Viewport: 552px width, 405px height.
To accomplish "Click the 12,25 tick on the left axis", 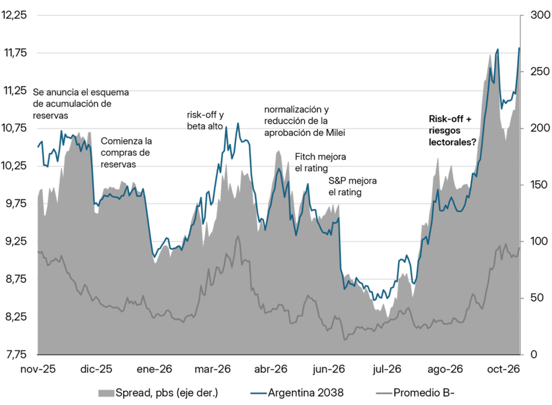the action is point(14,15).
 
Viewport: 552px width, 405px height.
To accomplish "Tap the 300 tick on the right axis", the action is point(540,15).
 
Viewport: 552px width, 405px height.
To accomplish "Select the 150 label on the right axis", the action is point(539,185).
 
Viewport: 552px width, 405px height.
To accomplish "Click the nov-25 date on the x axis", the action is point(38,369).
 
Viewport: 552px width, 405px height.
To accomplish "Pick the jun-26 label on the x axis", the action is point(328,369).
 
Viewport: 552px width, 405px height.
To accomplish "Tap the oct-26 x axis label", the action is point(503,369).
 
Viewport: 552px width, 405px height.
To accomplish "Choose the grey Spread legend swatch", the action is point(106,393).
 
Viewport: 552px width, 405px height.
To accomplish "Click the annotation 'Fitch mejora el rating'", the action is point(320,162).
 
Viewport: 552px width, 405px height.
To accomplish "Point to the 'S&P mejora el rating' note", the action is point(352,186).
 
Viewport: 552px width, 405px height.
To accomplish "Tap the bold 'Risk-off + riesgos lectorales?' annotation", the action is point(453,131).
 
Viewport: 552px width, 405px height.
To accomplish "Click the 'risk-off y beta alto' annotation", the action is point(205,120).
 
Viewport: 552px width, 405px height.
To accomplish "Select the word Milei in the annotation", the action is point(335,132).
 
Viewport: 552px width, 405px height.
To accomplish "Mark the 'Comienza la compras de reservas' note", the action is point(126,153).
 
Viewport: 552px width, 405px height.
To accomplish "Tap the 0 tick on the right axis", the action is point(534,354).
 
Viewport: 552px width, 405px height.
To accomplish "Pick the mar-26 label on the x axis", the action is point(213,369).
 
